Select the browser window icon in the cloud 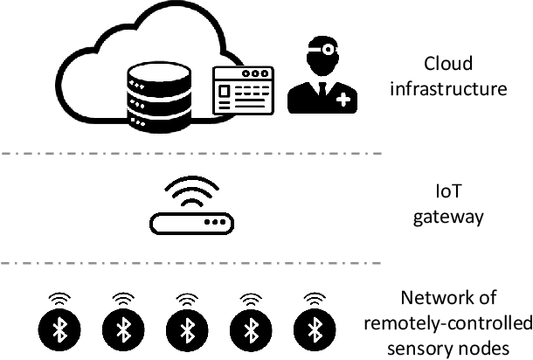244,92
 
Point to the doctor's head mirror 326,46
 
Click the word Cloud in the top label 447,64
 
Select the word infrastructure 447,88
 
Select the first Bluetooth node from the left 59,329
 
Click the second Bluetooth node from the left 122,329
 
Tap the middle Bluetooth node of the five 186,329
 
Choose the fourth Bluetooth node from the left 250,329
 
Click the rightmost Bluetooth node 314,329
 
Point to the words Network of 447,300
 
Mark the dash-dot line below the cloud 191,153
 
